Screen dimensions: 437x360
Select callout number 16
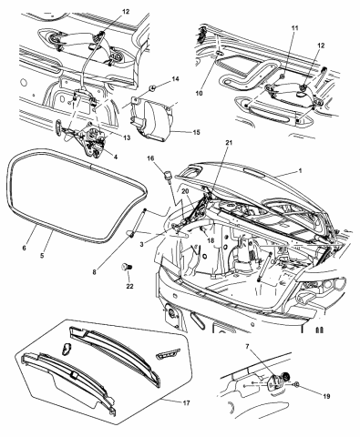(152, 158)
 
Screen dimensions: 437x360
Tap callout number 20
(185, 191)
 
